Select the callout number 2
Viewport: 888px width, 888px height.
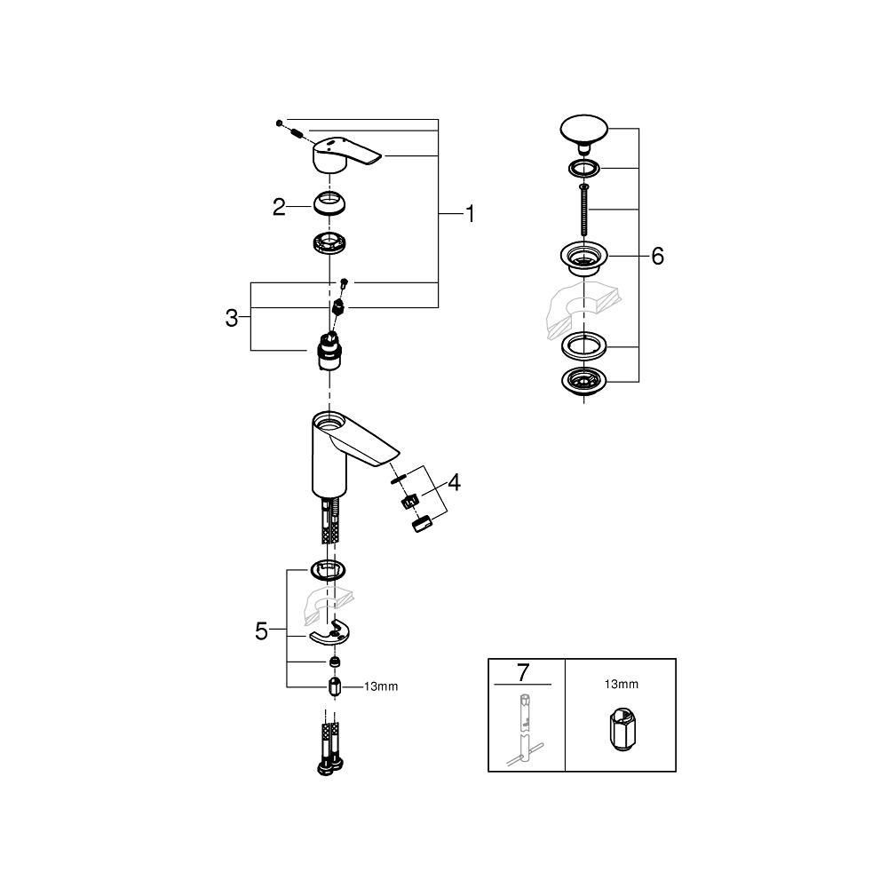click(280, 208)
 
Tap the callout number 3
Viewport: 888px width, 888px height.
click(232, 318)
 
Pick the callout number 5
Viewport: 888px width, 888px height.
click(261, 631)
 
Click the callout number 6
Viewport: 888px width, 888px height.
click(657, 257)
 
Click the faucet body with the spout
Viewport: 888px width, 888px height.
click(342, 448)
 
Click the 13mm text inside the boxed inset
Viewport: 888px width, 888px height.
click(621, 685)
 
